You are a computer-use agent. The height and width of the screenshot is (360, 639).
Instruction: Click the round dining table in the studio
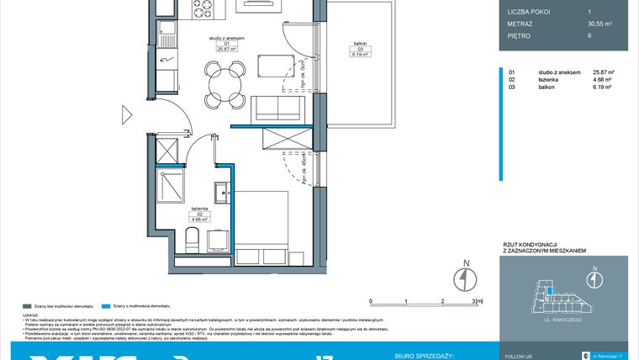coord(218,85)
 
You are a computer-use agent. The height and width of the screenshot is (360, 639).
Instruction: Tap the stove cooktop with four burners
coord(202,9)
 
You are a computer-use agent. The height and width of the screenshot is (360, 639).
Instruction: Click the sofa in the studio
coord(273,109)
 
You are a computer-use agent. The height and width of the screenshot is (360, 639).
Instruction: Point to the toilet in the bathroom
coord(190,242)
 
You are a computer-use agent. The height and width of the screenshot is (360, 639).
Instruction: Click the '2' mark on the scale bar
coord(442,299)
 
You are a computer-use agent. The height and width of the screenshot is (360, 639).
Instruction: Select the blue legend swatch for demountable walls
coord(104,306)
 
